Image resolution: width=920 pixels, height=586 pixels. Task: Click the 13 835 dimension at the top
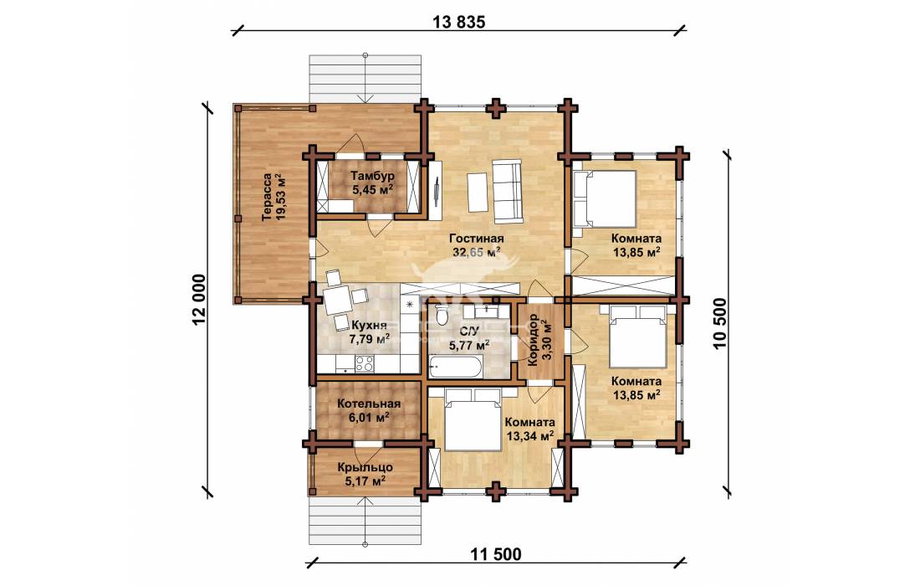459,22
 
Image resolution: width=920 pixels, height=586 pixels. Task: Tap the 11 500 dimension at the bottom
495,553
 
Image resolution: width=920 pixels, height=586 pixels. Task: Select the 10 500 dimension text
720,322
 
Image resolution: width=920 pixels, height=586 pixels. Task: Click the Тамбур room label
372,176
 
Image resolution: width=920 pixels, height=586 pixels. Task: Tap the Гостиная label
477,239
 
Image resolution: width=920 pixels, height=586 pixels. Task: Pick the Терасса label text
268,196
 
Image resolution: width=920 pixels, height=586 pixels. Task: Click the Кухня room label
369,326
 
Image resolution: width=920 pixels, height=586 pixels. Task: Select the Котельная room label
369,404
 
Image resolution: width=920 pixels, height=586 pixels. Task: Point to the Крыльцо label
365,468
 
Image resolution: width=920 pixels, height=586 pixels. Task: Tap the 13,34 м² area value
529,436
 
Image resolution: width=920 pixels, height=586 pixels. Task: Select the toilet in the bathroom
442,316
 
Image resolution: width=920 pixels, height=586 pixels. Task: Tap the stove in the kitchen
365,364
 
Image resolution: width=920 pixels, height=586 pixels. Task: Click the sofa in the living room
506,192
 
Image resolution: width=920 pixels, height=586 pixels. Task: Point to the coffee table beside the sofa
477,193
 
